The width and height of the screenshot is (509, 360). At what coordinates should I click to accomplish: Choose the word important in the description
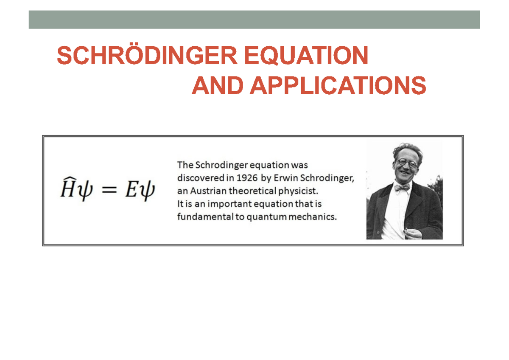(224, 204)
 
